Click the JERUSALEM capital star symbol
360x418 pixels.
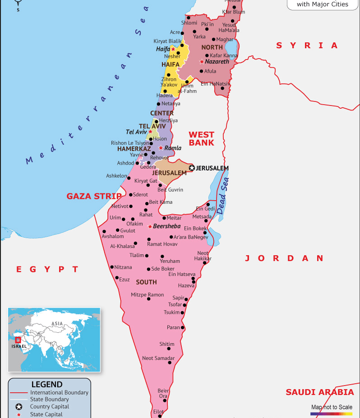[x=192, y=168]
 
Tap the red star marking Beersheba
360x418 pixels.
[x=150, y=226]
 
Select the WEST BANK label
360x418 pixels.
[x=201, y=138]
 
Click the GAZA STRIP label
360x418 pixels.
[x=94, y=196]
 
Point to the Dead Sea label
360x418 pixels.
[x=222, y=195]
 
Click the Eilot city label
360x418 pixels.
[x=158, y=411]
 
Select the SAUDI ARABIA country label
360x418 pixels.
[x=319, y=392]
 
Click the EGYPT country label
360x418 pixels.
[x=47, y=269]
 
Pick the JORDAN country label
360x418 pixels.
[x=284, y=258]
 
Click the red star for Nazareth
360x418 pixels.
[x=202, y=61]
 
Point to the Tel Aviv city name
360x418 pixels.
[x=136, y=132]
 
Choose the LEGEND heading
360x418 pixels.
[x=47, y=385]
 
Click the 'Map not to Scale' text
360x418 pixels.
[x=332, y=407]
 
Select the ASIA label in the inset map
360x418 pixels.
[x=57, y=323]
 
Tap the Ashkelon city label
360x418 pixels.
[x=116, y=176]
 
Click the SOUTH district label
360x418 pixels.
[x=146, y=282]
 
